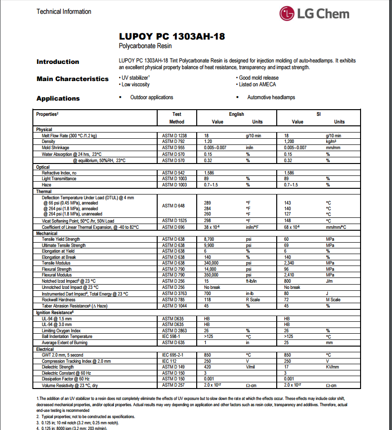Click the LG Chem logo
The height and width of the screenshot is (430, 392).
(x=314, y=13)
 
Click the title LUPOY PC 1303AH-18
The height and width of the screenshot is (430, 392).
(x=172, y=37)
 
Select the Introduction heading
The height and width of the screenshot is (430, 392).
(x=58, y=61)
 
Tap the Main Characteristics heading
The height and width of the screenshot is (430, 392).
(x=72, y=79)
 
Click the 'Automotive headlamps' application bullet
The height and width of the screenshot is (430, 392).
(x=271, y=97)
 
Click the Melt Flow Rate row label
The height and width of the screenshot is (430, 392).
(x=69, y=135)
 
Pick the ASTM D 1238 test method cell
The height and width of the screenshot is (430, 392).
(x=175, y=135)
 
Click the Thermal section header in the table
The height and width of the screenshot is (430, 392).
(x=44, y=191)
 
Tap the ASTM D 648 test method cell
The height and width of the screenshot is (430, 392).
(x=175, y=205)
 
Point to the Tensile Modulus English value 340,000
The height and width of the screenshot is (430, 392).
(x=212, y=263)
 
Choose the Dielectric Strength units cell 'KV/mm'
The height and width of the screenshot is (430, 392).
(x=332, y=367)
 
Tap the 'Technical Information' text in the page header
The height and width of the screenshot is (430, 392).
(x=64, y=11)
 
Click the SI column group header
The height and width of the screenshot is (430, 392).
(x=319, y=114)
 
